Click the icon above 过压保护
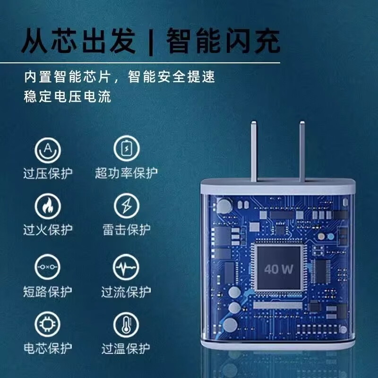coord(48,150)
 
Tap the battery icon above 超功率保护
coord(127,148)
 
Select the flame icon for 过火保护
coord(48,206)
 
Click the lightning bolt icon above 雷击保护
coord(127,206)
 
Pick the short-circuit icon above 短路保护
coord(48,267)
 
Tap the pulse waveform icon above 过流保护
coord(126,267)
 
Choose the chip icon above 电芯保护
coord(47,324)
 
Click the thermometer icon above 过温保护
coord(126,325)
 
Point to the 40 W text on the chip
coord(279,269)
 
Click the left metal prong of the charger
coord(254,151)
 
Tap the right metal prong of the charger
coord(302,151)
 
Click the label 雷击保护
coord(127,230)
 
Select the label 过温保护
coord(126,348)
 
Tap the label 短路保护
coord(48,292)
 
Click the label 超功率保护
coord(127,173)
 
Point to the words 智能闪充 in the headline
coord(223,41)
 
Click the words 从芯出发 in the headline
coord(78,41)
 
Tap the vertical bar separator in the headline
coord(151,42)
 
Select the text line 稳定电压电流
coord(68,96)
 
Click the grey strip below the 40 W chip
coord(278,305)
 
